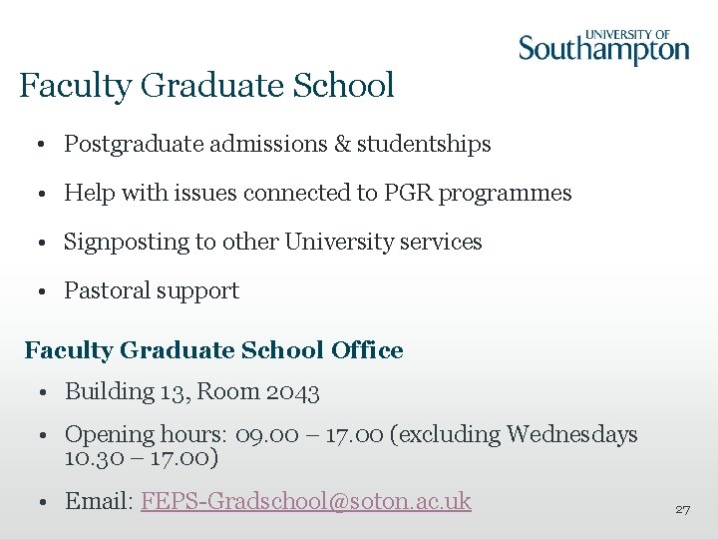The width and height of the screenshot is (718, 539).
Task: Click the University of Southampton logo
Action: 603,47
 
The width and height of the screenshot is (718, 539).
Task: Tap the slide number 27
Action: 683,509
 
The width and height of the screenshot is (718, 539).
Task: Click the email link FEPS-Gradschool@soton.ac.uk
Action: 306,501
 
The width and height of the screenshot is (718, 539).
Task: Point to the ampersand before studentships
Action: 342,144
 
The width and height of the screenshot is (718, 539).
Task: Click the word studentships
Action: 424,144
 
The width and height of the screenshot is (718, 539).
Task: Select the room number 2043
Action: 293,392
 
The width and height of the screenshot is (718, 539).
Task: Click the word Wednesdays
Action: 572,434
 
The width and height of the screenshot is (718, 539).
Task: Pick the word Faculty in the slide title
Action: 76,86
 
